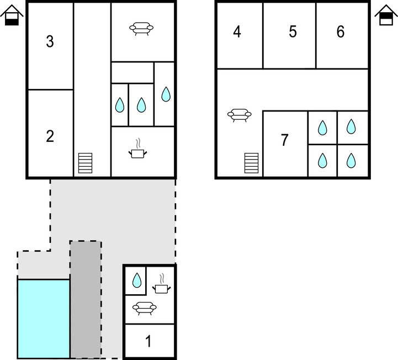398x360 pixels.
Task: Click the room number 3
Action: coord(50,41)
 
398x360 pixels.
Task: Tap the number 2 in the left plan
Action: coord(50,136)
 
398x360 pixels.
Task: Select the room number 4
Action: coord(237,32)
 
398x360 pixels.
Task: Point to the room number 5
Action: coord(293,31)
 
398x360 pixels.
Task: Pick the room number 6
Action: coord(341,31)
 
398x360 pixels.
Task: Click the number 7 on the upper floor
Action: coord(284,140)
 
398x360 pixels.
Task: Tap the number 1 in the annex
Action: coord(148,341)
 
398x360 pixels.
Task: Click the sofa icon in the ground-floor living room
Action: coord(141,28)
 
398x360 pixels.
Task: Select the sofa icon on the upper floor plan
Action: coord(240,115)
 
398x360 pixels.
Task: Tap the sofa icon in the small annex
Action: coord(145,308)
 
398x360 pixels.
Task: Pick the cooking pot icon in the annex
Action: coord(161,284)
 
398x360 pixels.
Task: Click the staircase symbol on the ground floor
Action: coord(85,163)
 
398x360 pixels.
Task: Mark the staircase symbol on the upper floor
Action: coord(251,163)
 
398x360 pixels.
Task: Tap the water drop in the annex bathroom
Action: coord(137,280)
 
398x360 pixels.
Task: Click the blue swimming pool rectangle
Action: coord(44,319)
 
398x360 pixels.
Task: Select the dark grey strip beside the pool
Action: coord(85,300)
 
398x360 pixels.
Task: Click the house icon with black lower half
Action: coord(12,15)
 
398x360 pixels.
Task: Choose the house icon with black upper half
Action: coord(386,15)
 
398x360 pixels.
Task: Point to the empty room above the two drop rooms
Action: coord(132,73)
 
